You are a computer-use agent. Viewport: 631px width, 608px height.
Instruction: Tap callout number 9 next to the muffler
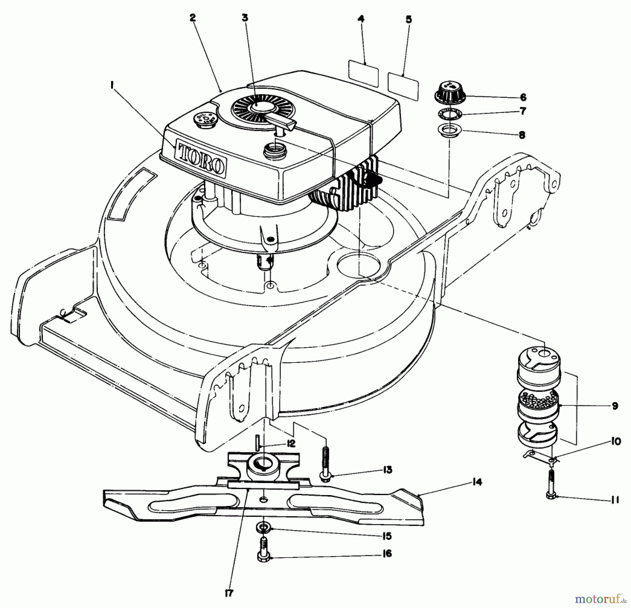point(615,406)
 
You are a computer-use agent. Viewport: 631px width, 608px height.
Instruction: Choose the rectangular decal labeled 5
point(403,85)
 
